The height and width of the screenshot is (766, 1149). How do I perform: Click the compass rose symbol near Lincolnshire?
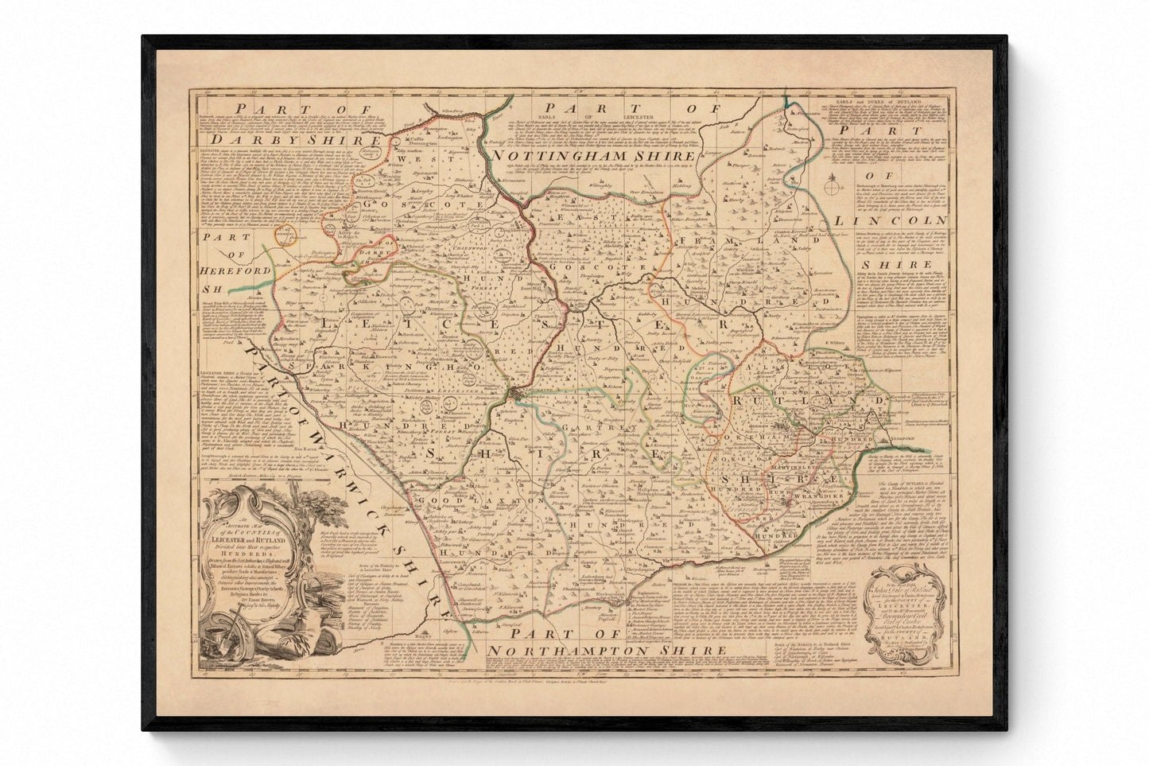pyautogui.click(x=832, y=188)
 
